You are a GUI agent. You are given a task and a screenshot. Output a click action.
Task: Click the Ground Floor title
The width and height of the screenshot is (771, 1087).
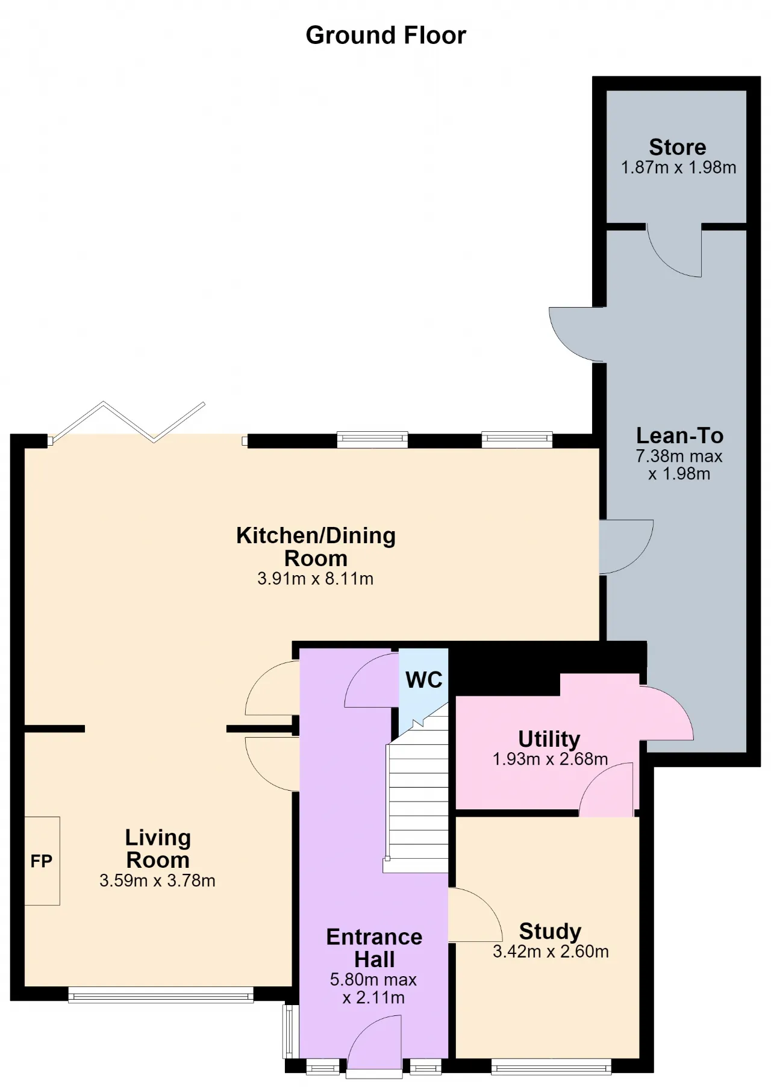(385, 36)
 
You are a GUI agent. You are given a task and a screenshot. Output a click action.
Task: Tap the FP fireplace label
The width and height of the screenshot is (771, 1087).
(42, 861)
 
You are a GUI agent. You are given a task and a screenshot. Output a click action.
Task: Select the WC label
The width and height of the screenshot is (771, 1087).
(424, 680)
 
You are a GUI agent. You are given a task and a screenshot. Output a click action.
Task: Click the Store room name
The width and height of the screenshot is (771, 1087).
(678, 147)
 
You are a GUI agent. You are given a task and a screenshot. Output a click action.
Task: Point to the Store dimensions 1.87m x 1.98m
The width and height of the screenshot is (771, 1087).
(678, 167)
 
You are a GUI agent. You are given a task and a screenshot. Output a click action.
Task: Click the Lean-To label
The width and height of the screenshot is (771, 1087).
(679, 435)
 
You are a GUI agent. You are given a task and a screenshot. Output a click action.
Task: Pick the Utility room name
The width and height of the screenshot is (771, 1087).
(549, 739)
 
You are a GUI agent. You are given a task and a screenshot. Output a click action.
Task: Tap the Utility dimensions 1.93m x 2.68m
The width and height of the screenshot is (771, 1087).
(550, 759)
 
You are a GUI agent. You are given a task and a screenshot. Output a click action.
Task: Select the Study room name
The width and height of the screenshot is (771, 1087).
(550, 932)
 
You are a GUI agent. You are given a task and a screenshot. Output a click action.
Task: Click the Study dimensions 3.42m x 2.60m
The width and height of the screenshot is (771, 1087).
(551, 952)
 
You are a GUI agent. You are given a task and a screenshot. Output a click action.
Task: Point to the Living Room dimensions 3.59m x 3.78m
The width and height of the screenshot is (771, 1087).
(157, 880)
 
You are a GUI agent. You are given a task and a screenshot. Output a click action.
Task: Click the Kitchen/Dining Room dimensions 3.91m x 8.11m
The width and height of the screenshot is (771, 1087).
(315, 579)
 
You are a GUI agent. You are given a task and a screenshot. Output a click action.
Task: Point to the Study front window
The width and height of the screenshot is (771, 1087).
(551, 1066)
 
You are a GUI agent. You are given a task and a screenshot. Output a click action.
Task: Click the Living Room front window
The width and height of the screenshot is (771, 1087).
(161, 994)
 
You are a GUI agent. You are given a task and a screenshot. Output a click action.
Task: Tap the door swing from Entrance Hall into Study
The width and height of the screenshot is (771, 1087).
(475, 915)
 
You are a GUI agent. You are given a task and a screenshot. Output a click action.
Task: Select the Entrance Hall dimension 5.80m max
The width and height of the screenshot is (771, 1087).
(373, 980)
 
